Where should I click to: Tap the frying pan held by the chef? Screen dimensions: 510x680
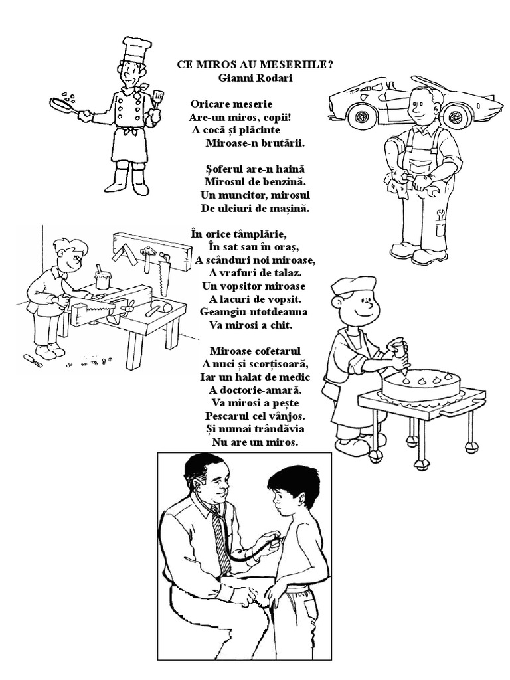tap(66, 107)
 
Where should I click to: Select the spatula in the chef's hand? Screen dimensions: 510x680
tap(157, 99)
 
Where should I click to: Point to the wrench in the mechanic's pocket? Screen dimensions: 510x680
tap(441, 215)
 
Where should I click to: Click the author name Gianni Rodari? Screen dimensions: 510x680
tap(255, 78)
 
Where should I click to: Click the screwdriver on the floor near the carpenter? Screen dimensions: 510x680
tap(33, 359)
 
